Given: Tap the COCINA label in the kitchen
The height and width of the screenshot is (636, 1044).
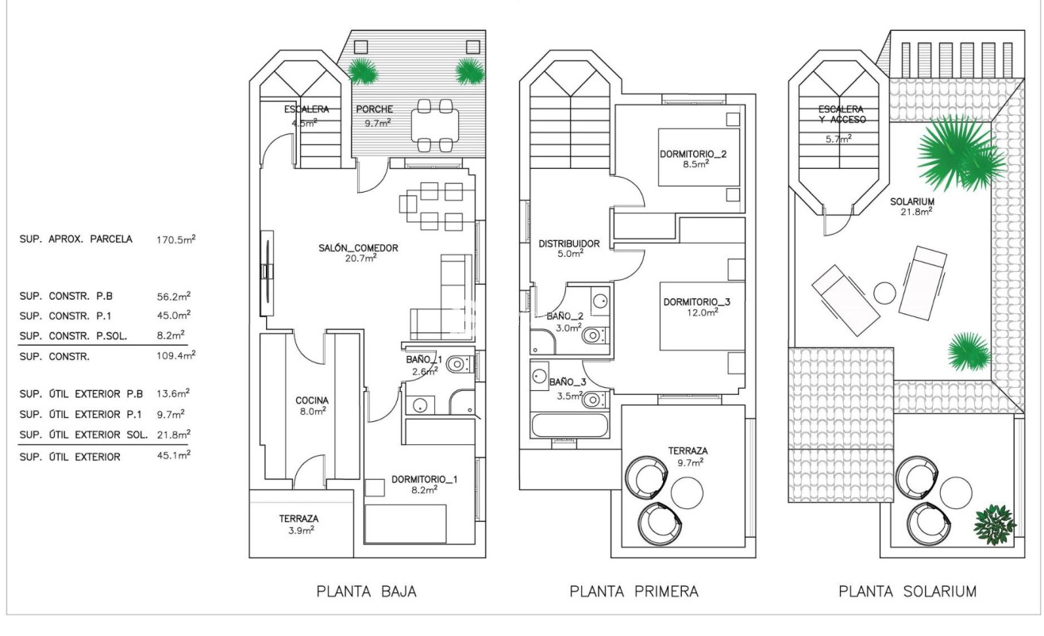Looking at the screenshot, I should coord(312,400).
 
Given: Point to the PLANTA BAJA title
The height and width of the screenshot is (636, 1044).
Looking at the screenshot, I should coord(366,591).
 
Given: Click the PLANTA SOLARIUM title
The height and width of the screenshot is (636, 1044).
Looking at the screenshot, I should coord(907,591).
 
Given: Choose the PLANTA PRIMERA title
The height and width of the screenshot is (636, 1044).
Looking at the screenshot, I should coord(634,591).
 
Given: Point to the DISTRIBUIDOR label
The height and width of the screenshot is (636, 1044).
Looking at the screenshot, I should coord(569,243).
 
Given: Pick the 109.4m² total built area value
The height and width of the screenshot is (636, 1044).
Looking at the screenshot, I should coord(176,356).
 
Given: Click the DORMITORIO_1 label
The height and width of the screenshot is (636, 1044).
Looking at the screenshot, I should coord(424,479).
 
